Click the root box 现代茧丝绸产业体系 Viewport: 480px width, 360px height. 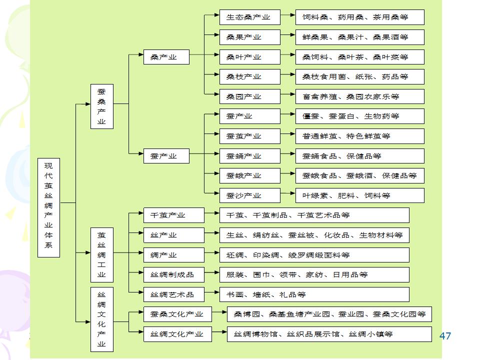coord(48,207)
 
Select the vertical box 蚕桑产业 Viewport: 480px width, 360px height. coord(101,106)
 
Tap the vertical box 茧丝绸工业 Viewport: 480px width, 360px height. coord(101,254)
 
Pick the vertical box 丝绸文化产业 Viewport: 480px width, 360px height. coord(101,319)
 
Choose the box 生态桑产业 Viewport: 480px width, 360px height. coord(249,17)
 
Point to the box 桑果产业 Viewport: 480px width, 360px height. coord(249,37)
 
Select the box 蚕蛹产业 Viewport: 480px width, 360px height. coord(249,156)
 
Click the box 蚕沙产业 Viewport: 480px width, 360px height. coord(249,195)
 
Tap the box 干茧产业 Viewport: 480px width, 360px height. coord(173,215)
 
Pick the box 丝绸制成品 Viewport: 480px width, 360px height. coord(173,274)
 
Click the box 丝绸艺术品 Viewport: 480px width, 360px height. coord(173,294)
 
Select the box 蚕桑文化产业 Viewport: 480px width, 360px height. coord(177,314)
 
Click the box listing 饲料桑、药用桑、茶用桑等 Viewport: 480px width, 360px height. coord(359,17)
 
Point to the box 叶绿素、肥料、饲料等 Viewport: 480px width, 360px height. coord(359,195)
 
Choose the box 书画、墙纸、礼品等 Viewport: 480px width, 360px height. coord(314,294)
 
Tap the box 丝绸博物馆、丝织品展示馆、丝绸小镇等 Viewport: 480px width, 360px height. coord(329,334)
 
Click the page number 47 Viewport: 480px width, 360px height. coord(445,335)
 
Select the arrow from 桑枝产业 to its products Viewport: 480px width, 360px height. coord(287,76)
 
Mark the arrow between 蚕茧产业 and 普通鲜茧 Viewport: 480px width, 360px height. coord(287,136)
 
